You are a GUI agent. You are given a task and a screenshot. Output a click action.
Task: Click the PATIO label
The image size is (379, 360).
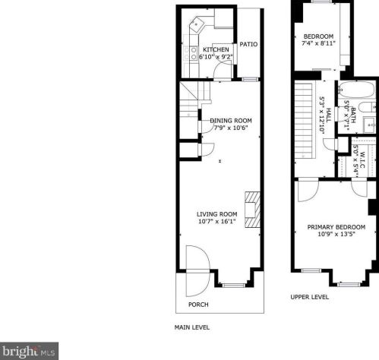[248, 44]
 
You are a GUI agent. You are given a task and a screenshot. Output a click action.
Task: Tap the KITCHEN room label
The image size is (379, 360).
[216, 49]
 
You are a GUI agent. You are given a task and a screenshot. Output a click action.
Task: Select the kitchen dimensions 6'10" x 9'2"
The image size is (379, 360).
[216, 57]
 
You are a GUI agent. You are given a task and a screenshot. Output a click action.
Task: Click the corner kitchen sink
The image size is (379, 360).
[197, 24]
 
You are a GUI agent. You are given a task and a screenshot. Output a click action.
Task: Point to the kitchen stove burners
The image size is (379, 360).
[194, 53]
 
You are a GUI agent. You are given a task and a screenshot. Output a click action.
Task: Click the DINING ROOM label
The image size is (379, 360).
[231, 121]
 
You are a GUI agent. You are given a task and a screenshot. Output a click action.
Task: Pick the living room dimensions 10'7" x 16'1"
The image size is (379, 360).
[217, 222]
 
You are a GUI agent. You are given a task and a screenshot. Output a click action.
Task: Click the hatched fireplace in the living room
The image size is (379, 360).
[252, 210]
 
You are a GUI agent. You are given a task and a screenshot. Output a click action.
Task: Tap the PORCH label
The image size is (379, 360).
[198, 305]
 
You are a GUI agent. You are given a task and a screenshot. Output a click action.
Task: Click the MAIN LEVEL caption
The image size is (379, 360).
[192, 327]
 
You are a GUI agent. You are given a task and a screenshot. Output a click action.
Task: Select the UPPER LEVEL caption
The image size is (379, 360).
[309, 297]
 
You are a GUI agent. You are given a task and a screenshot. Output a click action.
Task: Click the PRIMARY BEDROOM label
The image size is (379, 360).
[336, 227]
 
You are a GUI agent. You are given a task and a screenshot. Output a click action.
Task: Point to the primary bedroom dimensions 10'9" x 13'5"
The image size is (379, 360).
[336, 234]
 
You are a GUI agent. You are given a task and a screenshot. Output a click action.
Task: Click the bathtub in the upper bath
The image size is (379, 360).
[357, 90]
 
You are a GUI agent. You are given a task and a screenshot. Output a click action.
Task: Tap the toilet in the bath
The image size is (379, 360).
[368, 107]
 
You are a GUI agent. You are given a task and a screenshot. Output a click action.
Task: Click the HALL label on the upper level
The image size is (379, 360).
[328, 115]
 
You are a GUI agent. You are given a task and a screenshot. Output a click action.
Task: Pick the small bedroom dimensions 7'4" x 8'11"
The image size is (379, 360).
[318, 43]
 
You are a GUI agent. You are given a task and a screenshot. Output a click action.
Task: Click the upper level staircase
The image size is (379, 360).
[304, 120]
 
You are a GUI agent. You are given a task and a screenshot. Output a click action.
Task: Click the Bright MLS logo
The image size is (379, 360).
[30, 351]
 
